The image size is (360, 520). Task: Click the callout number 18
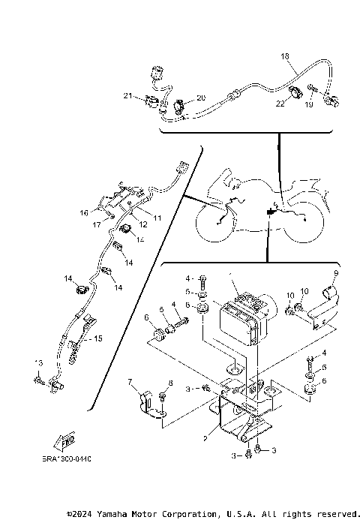tap(284, 56)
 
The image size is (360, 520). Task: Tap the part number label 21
tap(127, 95)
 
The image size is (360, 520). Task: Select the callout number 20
tap(200, 98)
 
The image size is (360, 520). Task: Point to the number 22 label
tap(280, 104)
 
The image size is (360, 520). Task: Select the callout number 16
tap(85, 213)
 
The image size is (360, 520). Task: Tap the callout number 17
tap(97, 224)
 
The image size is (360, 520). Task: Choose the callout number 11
tap(158, 218)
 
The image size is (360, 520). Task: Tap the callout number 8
tap(171, 383)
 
